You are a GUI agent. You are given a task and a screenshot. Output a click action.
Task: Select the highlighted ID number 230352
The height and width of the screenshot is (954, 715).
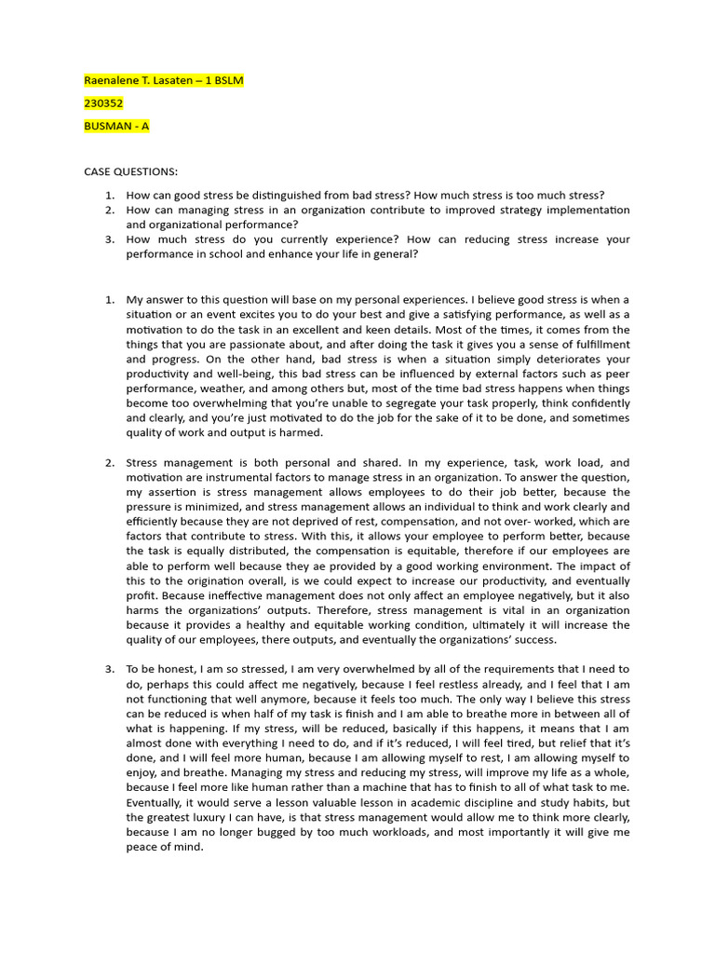pyautogui.click(x=103, y=103)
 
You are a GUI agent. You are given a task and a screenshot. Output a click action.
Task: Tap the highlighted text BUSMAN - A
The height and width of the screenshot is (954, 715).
pyautogui.click(x=116, y=126)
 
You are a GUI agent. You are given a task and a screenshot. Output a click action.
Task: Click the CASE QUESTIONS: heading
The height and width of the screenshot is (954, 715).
pyautogui.click(x=130, y=172)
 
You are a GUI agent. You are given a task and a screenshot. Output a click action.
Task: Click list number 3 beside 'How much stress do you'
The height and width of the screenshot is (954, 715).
pyautogui.click(x=109, y=239)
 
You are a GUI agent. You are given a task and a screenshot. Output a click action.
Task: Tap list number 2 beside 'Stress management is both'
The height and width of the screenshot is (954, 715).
pyautogui.click(x=109, y=463)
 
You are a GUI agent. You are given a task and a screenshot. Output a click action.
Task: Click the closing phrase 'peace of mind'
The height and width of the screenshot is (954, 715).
pyautogui.click(x=165, y=849)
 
